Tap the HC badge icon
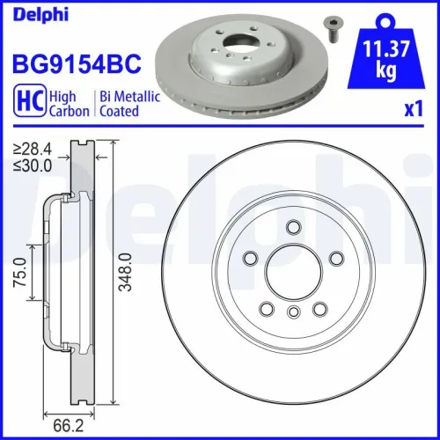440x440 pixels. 27,103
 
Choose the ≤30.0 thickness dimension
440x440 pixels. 27,164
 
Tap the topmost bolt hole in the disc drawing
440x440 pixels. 293,229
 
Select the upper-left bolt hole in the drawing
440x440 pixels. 250,259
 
